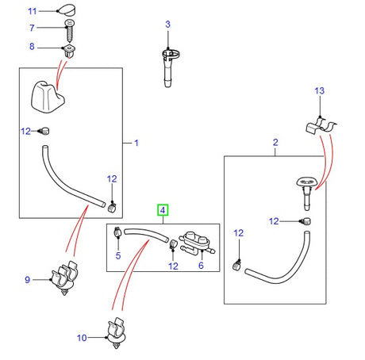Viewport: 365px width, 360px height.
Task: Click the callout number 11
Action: click(x=32, y=11)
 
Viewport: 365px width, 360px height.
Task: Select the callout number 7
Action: click(x=32, y=29)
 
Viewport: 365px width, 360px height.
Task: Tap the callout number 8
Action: click(x=32, y=47)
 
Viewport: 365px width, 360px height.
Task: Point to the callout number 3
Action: click(x=167, y=25)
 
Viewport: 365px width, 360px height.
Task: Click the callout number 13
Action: click(x=320, y=92)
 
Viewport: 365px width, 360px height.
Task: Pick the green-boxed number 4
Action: click(x=163, y=210)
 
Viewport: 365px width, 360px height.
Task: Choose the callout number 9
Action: click(x=27, y=279)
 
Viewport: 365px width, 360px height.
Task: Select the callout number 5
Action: click(x=118, y=255)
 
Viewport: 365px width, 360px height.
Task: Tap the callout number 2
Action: click(x=275, y=143)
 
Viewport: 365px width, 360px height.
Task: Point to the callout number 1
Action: click(x=136, y=144)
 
